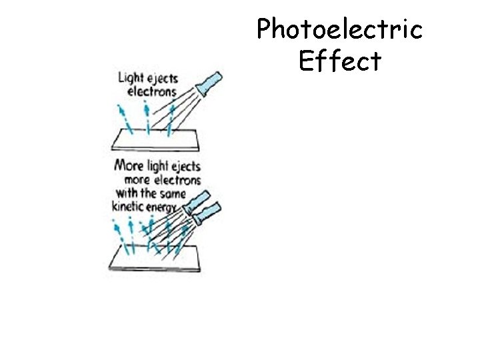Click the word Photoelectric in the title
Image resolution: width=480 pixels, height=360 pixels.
point(340,29)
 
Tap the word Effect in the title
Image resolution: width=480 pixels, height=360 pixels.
point(340,61)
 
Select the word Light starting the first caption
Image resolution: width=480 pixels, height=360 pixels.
point(130,78)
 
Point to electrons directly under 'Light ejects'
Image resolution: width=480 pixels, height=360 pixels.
point(151,91)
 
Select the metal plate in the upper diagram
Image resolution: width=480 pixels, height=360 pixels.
point(157,140)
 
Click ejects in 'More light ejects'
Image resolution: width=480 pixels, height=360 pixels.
point(183,166)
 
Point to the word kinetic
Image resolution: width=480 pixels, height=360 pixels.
point(130,207)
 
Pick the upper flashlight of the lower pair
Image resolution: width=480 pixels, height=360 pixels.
point(198,201)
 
